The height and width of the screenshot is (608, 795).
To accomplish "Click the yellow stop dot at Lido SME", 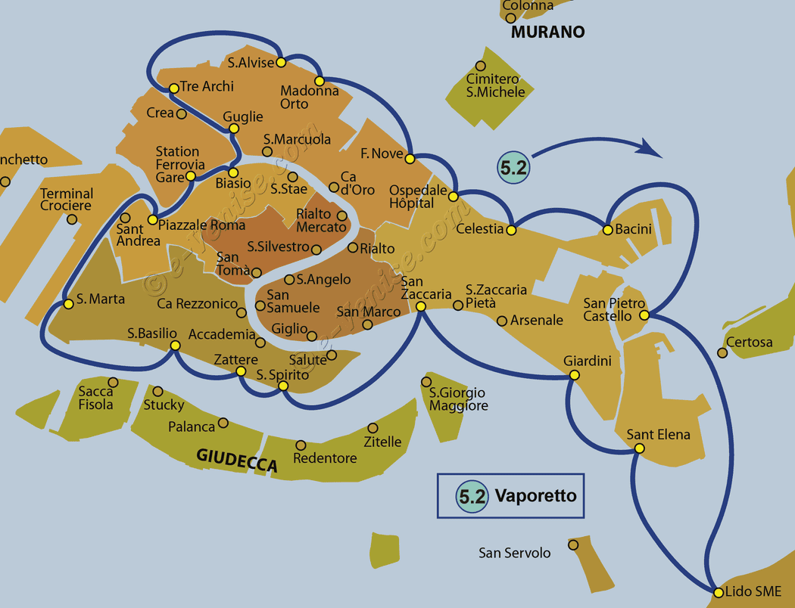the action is (x=718, y=592).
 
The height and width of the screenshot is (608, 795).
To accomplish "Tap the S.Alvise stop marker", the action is (x=281, y=62).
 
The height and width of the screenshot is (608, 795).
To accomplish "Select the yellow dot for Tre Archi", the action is (x=174, y=88).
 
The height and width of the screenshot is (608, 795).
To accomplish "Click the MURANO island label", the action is (x=547, y=32).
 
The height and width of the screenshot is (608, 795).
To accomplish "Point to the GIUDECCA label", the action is (x=237, y=461).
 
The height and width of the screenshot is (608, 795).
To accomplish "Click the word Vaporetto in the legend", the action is (x=535, y=495).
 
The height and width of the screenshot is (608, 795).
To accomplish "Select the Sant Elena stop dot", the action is (x=639, y=448).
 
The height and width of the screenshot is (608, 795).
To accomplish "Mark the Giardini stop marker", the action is (x=574, y=375).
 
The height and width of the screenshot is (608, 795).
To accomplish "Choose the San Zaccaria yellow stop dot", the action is (x=420, y=306).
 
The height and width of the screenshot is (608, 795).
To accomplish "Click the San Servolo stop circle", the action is (x=573, y=545).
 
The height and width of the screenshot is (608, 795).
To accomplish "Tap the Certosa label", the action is (x=750, y=343).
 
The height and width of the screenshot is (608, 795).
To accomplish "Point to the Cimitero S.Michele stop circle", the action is (x=480, y=66).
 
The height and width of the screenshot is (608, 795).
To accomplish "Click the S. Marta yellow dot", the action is (x=68, y=304).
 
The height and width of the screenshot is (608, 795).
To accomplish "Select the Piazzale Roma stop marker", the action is (x=152, y=220).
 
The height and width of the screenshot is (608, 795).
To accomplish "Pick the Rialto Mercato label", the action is (x=321, y=220).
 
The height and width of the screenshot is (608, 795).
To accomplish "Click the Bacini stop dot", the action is (x=607, y=231).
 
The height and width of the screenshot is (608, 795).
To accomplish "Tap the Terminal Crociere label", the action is (x=67, y=200).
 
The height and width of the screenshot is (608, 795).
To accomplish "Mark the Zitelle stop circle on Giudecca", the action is (x=373, y=428).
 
